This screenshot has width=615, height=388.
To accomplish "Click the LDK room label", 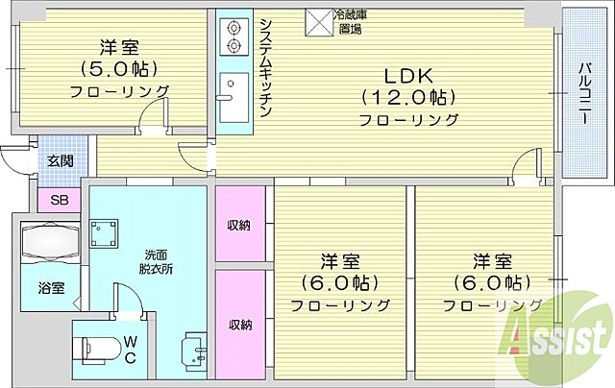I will point(409,75).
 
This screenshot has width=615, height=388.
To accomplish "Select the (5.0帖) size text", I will point(119,68).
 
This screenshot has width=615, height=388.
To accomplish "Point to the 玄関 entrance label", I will point(60,160).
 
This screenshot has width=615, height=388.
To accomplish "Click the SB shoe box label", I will point(59,200).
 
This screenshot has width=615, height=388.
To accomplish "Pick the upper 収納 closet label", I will point(239,226).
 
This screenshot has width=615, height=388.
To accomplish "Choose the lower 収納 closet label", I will point(239,325).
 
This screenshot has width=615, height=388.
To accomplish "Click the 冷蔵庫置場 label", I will point(348,22).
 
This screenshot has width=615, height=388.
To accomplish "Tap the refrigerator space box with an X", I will point(317,21).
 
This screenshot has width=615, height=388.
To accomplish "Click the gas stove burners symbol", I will point(232,37).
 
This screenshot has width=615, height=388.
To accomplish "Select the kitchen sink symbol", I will point(233,96).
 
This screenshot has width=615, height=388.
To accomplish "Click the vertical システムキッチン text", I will point(265,65).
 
